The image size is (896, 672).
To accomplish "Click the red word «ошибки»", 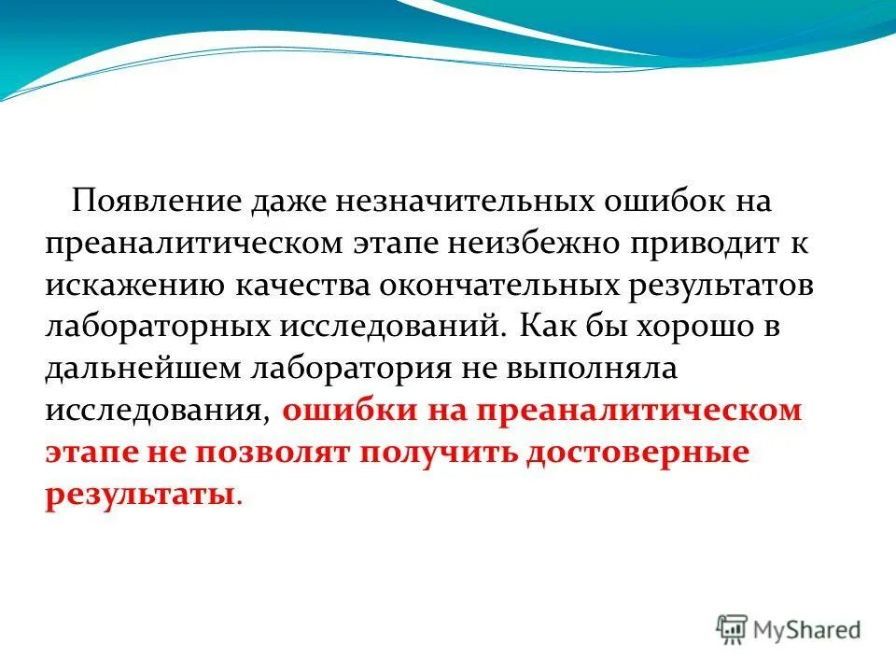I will [x=334, y=411].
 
